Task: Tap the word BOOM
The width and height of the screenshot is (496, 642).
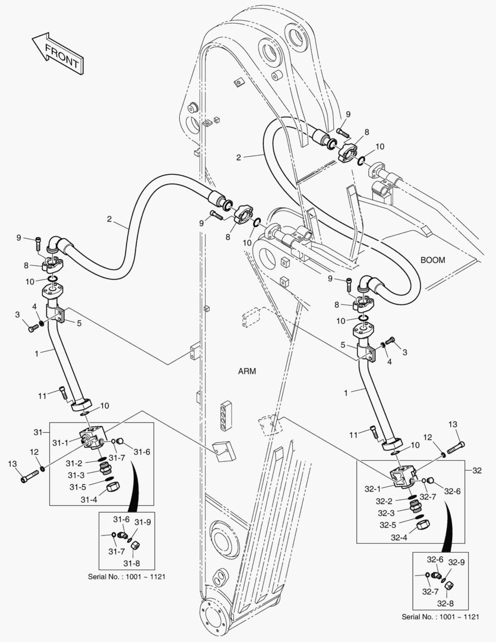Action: click(x=433, y=260)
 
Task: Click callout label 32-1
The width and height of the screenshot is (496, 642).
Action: click(x=373, y=489)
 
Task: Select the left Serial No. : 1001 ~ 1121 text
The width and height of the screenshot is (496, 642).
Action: click(x=129, y=576)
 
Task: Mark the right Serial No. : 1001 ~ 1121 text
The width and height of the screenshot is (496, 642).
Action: click(x=440, y=616)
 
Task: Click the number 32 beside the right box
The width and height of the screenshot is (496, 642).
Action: click(x=477, y=470)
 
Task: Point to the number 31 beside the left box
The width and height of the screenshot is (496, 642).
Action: click(x=37, y=432)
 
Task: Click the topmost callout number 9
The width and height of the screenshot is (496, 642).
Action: click(x=349, y=114)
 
